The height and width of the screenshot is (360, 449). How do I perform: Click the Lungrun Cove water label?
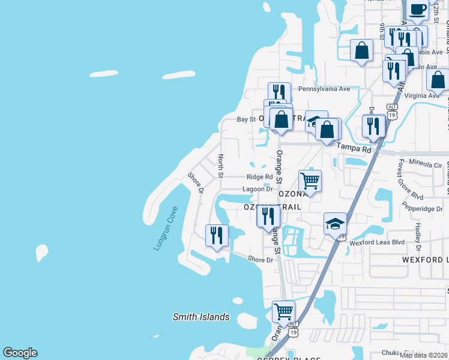pos(166,229)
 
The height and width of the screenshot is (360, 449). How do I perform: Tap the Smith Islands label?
pos(201,317)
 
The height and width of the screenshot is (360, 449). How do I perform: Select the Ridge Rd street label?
pos(259,177)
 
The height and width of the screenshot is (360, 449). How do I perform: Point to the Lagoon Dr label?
pos(258,189)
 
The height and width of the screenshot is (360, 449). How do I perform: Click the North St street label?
pos(220,166)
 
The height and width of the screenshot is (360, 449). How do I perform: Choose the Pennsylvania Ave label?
pos(324,89)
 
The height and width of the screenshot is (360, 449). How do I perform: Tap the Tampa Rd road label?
pos(354,148)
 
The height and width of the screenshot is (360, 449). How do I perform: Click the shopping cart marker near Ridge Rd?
pos(310,180)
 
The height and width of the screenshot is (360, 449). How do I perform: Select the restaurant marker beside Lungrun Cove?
pos(217,235)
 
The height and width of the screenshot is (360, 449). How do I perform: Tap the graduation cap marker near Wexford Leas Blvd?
pos(335,224)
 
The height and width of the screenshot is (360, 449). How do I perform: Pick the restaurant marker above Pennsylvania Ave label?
pos(279,93)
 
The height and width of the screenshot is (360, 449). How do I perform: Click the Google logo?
pos(20,353)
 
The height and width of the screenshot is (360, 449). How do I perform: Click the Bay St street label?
pos(246,119)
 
